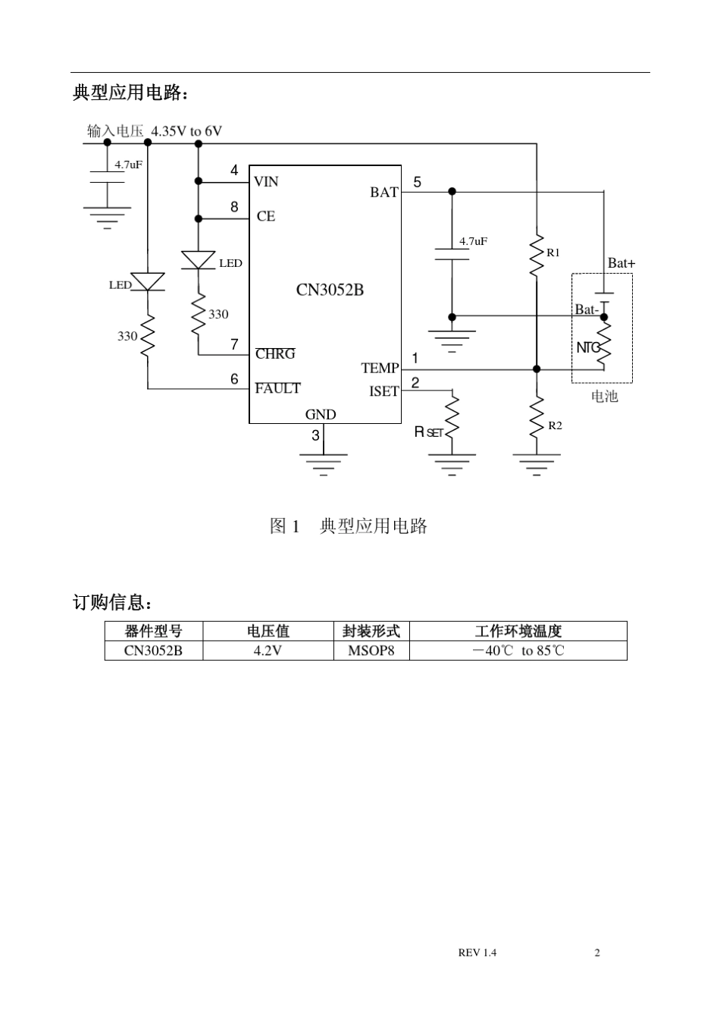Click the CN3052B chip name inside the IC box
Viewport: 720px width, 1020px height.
tap(330, 290)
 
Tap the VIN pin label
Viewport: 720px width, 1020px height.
tap(266, 181)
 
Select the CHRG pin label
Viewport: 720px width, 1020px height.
tap(275, 354)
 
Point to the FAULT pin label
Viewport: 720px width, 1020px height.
tap(277, 388)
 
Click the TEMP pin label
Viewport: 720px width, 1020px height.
tap(380, 368)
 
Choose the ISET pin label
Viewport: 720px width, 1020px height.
tap(383, 391)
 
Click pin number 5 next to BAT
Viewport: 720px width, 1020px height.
tap(417, 183)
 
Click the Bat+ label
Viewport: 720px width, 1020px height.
tap(621, 263)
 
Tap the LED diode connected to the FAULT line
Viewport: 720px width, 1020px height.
tap(148, 282)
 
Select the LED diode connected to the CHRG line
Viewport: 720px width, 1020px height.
tap(199, 260)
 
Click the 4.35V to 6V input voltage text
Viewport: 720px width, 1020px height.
tap(186, 131)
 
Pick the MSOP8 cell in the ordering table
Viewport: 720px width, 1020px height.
tap(371, 651)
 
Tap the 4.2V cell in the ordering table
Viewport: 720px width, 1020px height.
tap(268, 651)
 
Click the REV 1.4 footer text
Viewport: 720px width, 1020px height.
tap(477, 953)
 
